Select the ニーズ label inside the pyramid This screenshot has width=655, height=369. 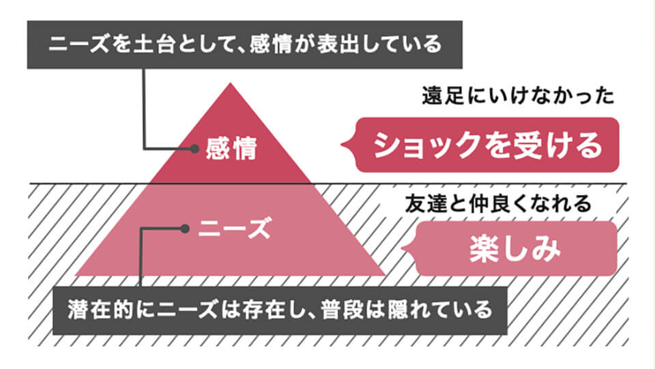coord(234,228)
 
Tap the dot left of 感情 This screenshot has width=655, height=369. coord(194,147)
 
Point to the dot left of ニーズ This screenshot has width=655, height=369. coord(184,228)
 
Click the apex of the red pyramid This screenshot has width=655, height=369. coord(231,84)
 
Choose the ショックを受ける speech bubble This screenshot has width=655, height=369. coord(487,145)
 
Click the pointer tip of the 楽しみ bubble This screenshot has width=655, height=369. coord(403,248)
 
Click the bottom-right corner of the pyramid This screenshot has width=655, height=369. coord(388,275)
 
